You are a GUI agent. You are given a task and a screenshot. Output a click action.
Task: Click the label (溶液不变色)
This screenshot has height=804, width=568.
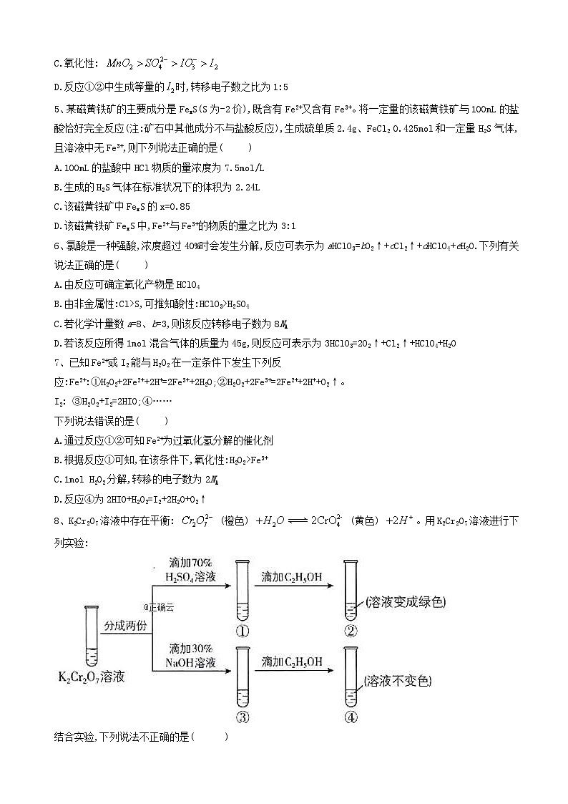(398, 681)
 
